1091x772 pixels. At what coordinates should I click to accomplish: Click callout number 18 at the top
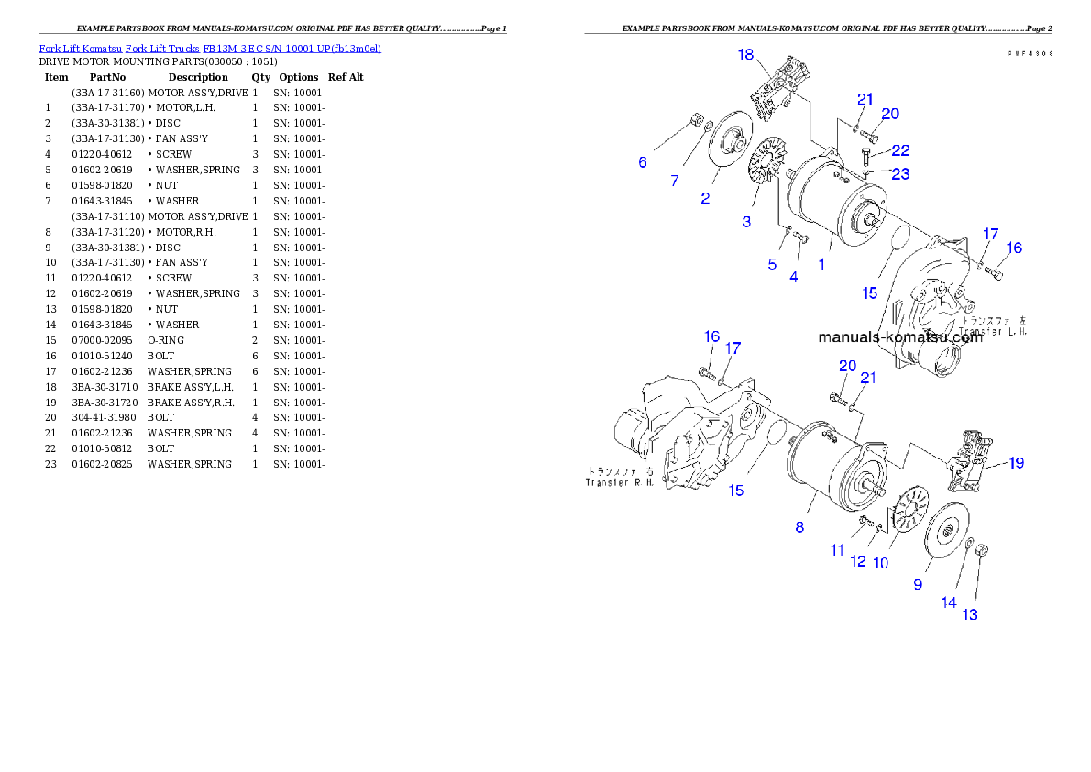click(x=746, y=55)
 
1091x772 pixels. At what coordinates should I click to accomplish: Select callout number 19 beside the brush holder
click(x=1016, y=463)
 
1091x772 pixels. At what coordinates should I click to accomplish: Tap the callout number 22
click(x=900, y=150)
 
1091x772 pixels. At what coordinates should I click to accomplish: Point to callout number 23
click(x=900, y=172)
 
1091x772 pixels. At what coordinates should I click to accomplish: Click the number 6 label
click(x=643, y=162)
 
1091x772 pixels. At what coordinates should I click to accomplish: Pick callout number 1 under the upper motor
click(x=821, y=264)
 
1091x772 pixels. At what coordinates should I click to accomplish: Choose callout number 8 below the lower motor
click(x=799, y=527)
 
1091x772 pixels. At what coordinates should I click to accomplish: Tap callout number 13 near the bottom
click(x=970, y=614)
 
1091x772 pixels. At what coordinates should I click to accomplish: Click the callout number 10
click(x=880, y=563)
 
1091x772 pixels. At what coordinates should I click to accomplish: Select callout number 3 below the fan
click(x=746, y=222)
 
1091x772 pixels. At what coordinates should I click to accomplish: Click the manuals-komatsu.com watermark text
click(x=899, y=336)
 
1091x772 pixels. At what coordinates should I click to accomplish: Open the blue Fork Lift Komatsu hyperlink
click(x=210, y=48)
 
